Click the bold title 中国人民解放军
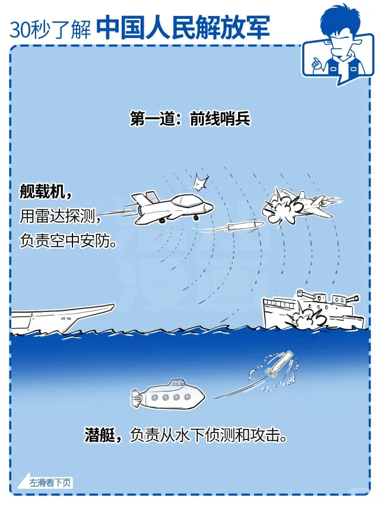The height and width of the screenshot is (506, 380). pos(183,27)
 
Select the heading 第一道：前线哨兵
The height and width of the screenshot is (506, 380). pos(190,119)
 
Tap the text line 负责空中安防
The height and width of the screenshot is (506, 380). pos(68,240)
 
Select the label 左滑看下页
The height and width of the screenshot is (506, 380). pos(50,483)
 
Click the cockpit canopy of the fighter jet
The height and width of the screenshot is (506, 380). pos(185,201)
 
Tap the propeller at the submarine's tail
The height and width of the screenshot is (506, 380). pos(136,398)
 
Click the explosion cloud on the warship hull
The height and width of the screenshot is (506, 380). pos(306,317)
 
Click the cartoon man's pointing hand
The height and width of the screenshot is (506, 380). pos(316,63)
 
